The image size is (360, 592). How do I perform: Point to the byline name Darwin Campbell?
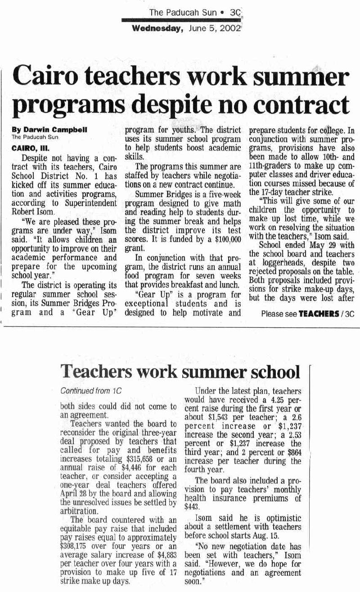click(50, 130)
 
